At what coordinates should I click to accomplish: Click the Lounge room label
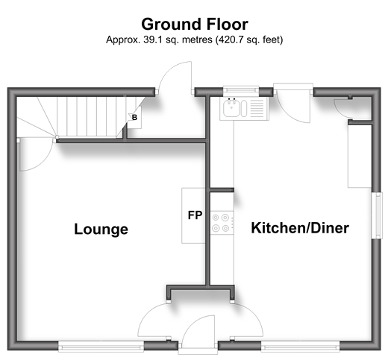click(101, 229)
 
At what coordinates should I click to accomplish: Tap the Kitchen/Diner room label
click(300, 227)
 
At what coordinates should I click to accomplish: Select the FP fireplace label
click(195, 215)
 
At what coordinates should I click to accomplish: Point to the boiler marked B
click(134, 117)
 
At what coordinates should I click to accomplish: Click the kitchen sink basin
click(232, 108)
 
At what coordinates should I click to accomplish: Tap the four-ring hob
click(222, 223)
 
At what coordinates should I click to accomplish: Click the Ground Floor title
click(195, 24)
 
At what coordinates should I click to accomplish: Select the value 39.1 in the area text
click(152, 40)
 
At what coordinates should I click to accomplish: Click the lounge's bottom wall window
click(101, 347)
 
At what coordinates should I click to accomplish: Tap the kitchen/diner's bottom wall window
click(301, 347)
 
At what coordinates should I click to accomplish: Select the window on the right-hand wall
click(377, 215)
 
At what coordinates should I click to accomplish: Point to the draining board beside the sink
click(257, 109)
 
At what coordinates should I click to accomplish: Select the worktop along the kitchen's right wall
click(360, 156)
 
